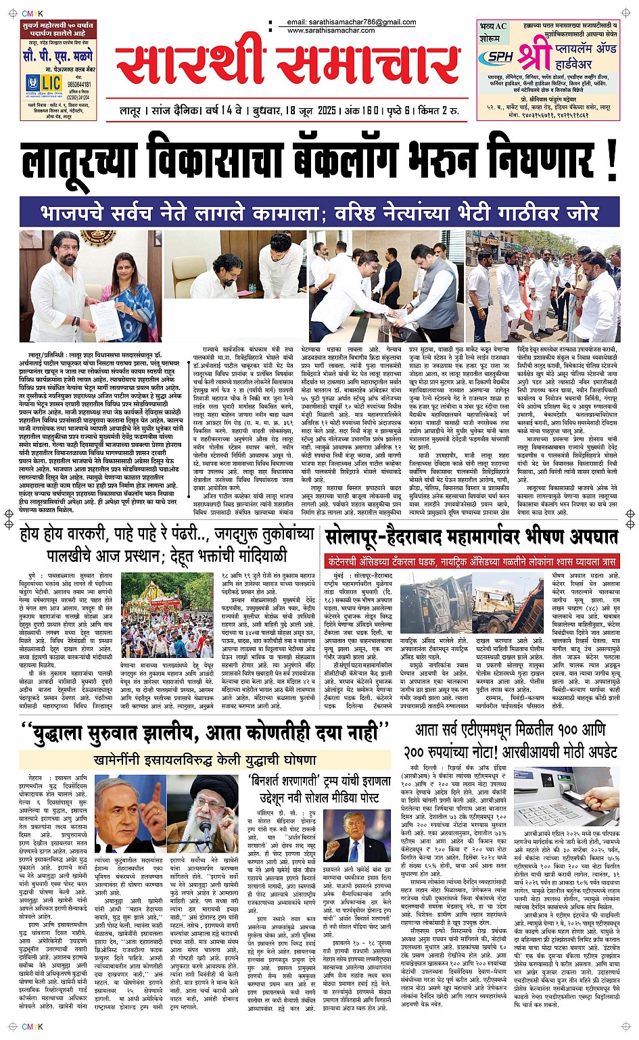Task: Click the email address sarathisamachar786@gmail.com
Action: pyautogui.click(x=351, y=22)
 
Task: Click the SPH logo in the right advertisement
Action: pyautogui.click(x=500, y=57)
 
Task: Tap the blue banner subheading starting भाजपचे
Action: pyautogui.click(x=319, y=212)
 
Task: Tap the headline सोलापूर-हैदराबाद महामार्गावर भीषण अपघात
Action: pyautogui.click(x=471, y=538)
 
